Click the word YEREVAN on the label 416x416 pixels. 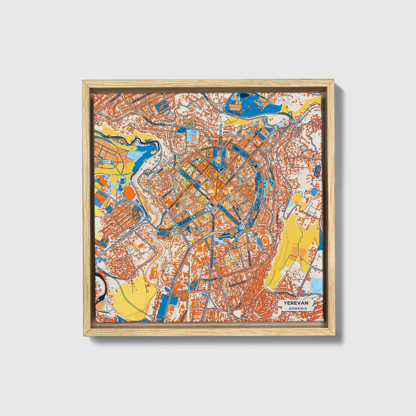click(296, 303)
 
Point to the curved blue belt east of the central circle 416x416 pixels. click(261, 187)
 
